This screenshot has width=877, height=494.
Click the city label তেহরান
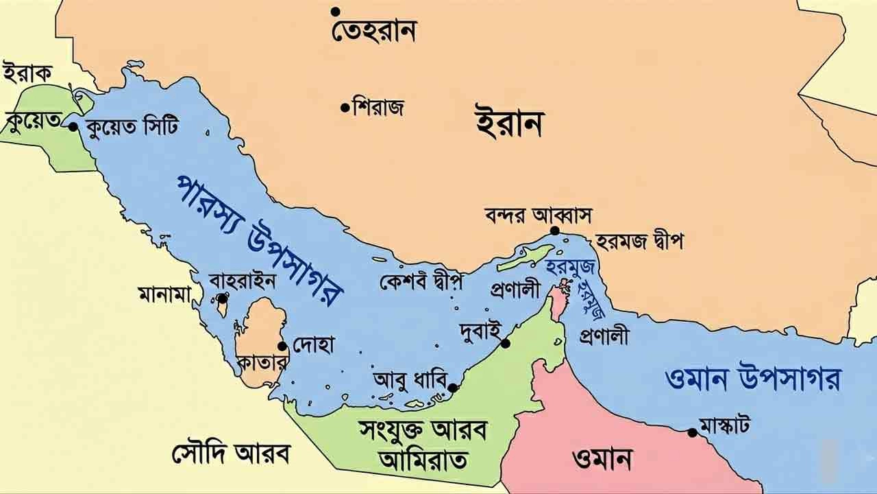(374, 32)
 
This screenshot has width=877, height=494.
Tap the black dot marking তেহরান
(336, 12)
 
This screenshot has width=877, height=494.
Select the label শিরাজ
(378, 107)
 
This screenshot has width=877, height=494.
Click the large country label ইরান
(509, 123)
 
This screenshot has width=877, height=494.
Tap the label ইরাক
(28, 72)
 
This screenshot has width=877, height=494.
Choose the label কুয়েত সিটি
(132, 127)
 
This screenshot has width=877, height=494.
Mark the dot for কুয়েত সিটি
(73, 126)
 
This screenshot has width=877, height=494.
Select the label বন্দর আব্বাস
(538, 214)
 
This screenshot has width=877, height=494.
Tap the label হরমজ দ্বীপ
(639, 242)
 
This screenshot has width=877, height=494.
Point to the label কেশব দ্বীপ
(421, 281)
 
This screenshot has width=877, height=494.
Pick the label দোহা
(313, 345)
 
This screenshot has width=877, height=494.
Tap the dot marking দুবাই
(506, 343)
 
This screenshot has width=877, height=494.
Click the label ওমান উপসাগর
(752, 379)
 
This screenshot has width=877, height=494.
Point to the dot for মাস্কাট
(693, 432)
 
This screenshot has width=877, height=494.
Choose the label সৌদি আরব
(231, 454)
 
